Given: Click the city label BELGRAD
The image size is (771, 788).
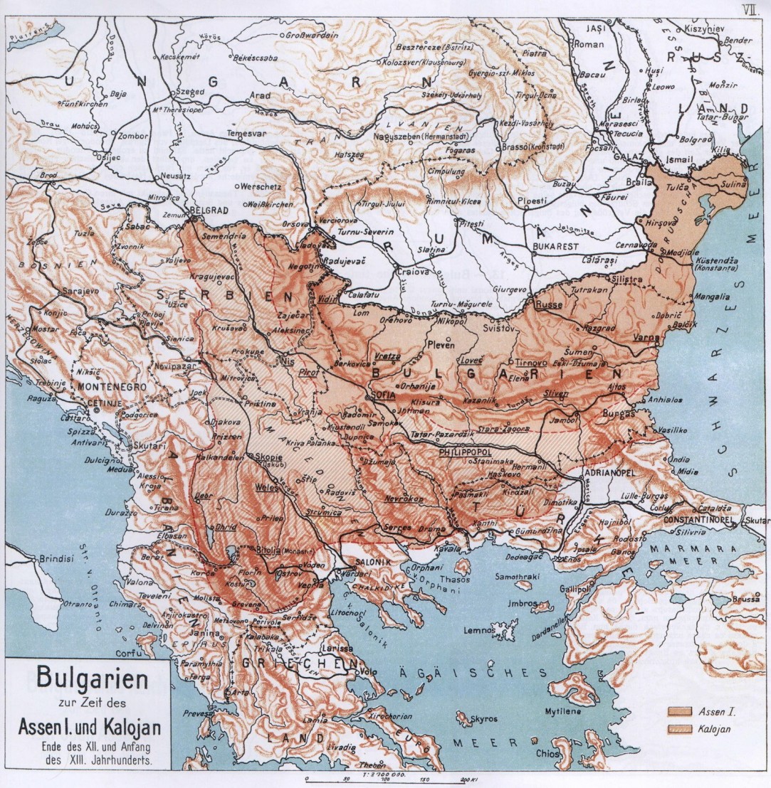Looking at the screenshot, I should coord(209,211).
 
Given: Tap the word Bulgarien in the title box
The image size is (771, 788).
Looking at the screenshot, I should coord(88,677).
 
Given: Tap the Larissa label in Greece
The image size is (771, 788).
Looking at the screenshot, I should coord(334,649).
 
